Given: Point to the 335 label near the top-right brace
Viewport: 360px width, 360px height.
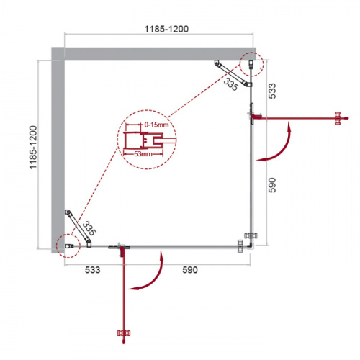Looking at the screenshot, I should tap(230, 86).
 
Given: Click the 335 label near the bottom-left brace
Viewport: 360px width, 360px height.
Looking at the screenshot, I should tap(89, 229).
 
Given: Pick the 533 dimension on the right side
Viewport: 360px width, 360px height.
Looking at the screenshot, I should tap(271, 91).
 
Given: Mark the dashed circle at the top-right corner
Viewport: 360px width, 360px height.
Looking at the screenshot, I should tap(250, 63).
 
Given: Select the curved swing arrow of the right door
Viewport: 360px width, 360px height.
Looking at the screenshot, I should tap(279, 144).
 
